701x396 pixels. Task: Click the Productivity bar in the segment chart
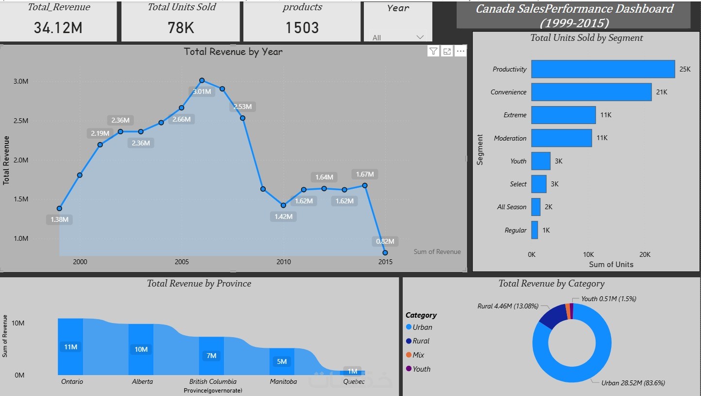(602, 69)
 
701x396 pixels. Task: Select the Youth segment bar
(541, 161)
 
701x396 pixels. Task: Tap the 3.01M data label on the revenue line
(202, 91)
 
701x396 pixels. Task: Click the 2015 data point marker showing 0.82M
(385, 252)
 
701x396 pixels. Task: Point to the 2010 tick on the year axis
(284, 262)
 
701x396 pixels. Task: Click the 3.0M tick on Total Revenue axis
(20, 81)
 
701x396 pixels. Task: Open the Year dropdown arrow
(420, 37)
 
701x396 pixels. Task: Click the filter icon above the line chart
(433, 52)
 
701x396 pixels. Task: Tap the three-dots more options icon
(461, 52)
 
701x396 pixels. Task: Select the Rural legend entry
(421, 341)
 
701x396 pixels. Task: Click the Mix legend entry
(418, 355)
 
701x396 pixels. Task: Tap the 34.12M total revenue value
(58, 28)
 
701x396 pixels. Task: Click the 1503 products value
(302, 28)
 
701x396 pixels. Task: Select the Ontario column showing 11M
(70, 346)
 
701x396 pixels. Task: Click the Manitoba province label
(283, 381)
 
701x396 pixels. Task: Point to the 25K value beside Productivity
(684, 70)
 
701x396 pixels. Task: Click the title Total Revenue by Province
(199, 283)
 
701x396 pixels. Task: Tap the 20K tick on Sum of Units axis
(645, 254)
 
